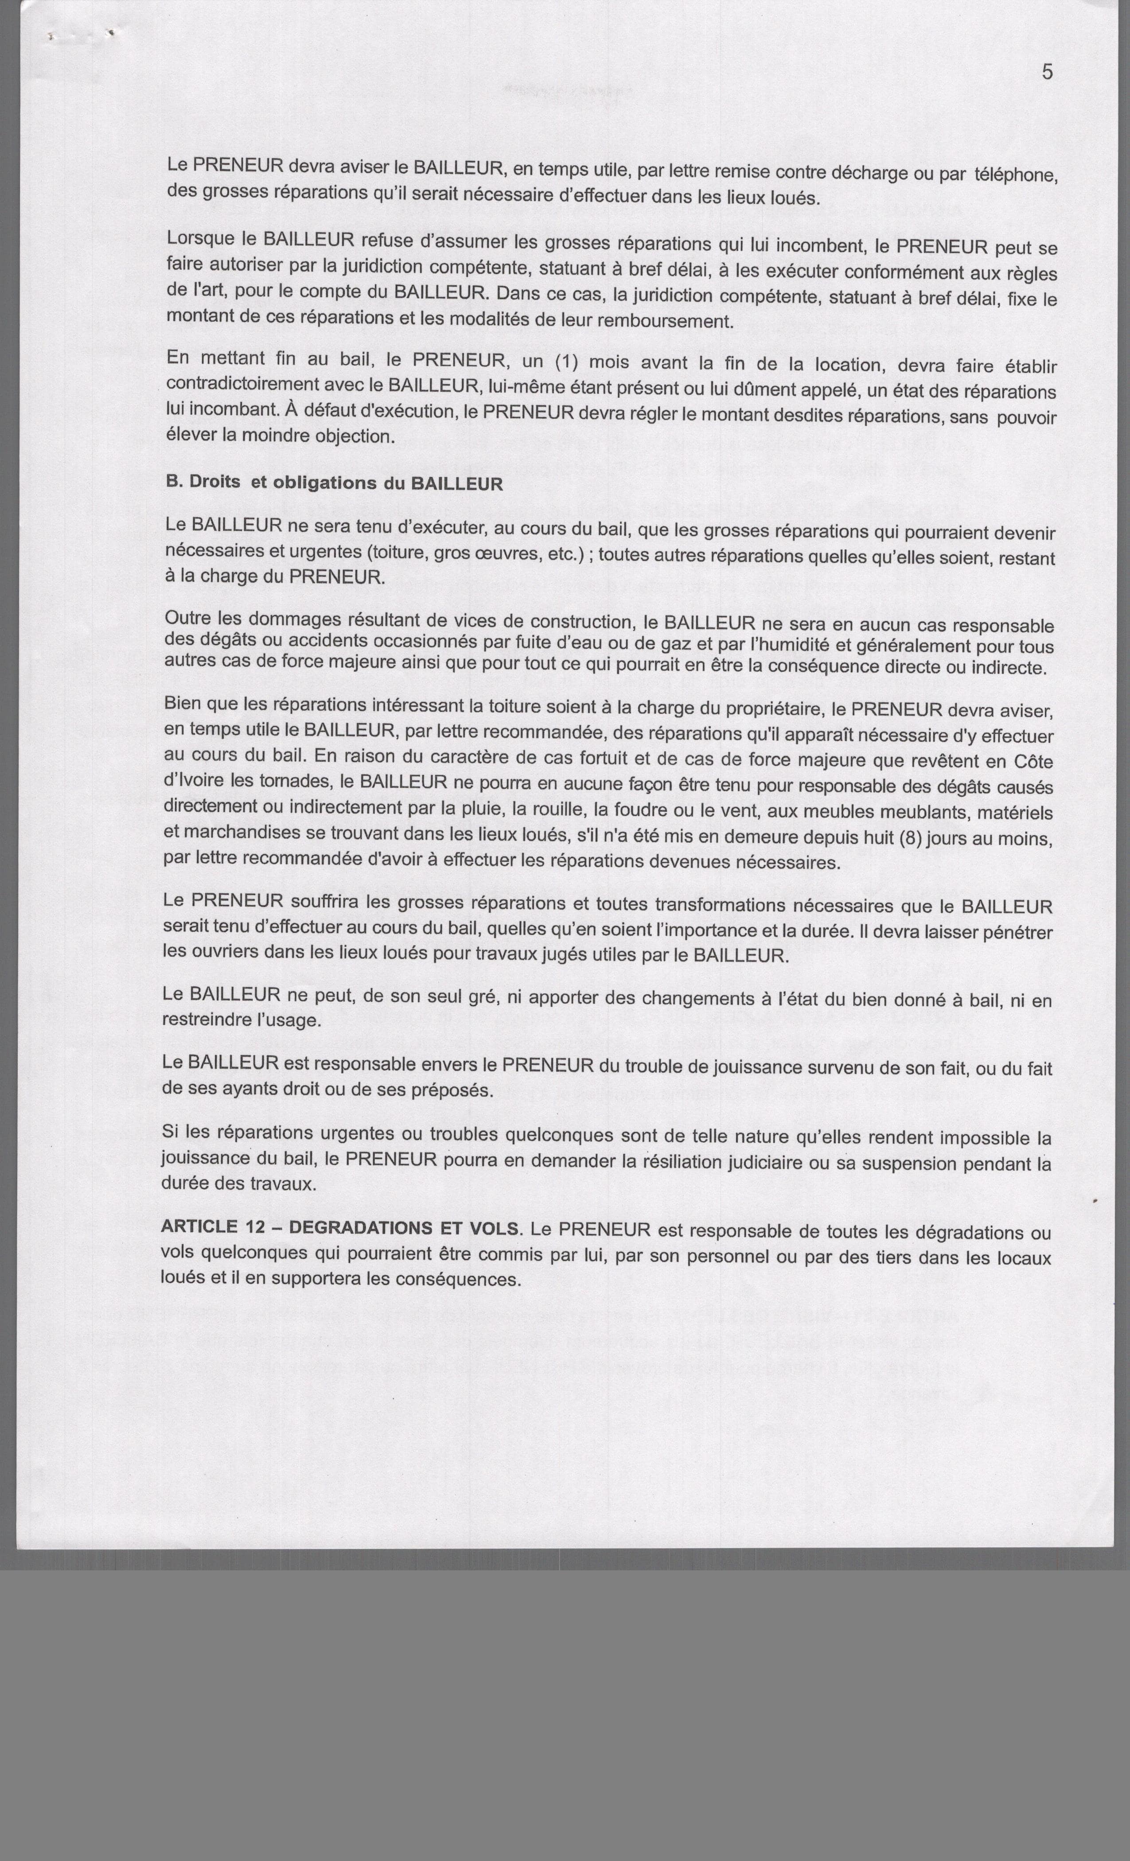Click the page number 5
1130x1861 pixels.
(x=1047, y=73)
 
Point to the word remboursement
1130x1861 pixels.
(x=665, y=321)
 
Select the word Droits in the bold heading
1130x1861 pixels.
(x=214, y=481)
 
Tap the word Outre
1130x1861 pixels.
(x=187, y=618)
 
